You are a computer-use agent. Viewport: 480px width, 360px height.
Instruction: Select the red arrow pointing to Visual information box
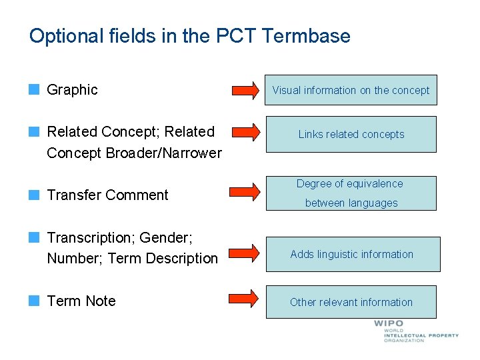pyautogui.click(x=245, y=90)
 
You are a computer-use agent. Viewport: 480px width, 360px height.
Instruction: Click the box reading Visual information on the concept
pyautogui.click(x=351, y=90)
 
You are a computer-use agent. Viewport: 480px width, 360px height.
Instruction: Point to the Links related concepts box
pyautogui.click(x=351, y=134)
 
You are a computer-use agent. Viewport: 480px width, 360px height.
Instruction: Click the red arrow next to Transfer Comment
pyautogui.click(x=245, y=193)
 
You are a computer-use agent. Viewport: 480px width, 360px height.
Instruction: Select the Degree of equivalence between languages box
pyautogui.click(x=351, y=193)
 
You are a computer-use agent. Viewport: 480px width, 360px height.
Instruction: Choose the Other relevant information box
pyautogui.click(x=351, y=302)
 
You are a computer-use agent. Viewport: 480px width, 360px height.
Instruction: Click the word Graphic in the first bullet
pyautogui.click(x=72, y=89)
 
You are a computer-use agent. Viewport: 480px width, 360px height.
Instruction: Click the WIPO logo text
pyautogui.click(x=389, y=324)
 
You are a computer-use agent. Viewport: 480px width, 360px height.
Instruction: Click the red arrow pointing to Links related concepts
pyautogui.click(x=245, y=133)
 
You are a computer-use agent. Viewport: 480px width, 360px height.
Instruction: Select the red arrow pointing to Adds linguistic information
pyautogui.click(x=245, y=253)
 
